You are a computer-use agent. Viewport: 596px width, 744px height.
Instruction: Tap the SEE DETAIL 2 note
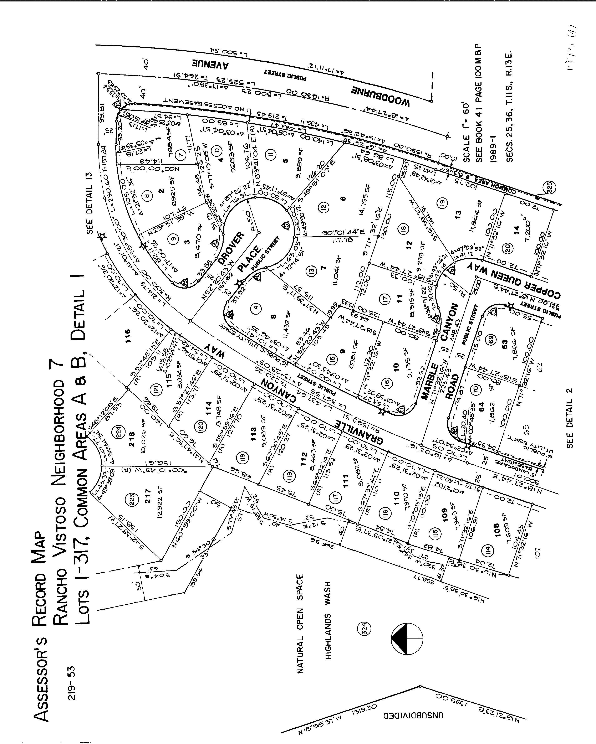coord(570,418)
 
